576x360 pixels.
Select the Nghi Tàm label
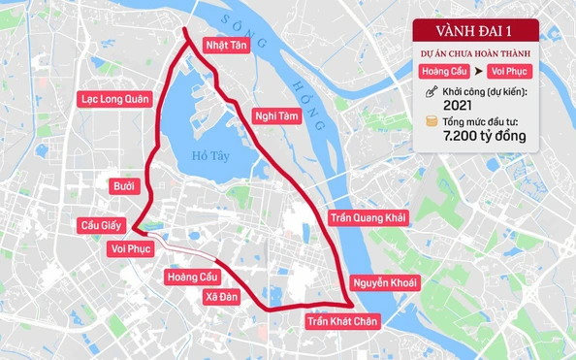[274, 115]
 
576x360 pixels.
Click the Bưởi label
[123, 185]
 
